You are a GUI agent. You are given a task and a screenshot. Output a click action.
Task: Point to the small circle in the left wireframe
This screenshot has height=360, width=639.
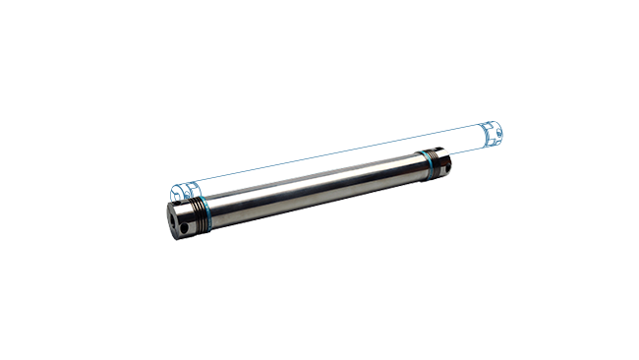[x=187, y=192]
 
